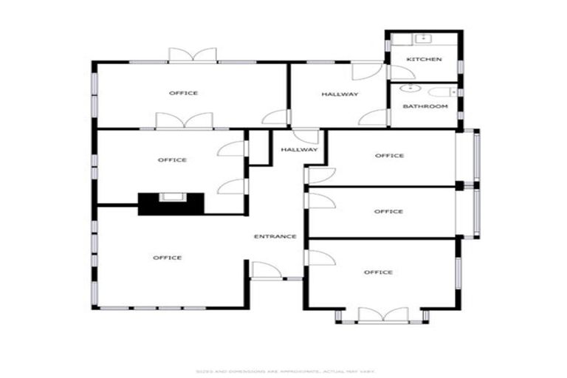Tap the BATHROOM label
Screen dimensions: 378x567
pos(425,106)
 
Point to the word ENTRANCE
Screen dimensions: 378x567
pos(275,236)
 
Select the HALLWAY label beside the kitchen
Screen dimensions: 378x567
pos(340,94)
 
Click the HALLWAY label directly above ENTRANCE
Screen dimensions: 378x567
pos(298,150)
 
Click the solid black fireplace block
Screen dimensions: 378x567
pos(171,203)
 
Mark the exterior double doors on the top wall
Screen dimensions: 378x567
pos(192,55)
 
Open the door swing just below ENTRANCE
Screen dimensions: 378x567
pos(265,270)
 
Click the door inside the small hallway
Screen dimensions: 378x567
pos(306,137)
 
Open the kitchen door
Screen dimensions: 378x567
pos(401,72)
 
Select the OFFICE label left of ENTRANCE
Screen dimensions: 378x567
pos(168,258)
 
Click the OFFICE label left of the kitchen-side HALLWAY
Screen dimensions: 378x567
pos(183,93)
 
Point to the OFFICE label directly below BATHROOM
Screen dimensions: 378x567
pos(389,156)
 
